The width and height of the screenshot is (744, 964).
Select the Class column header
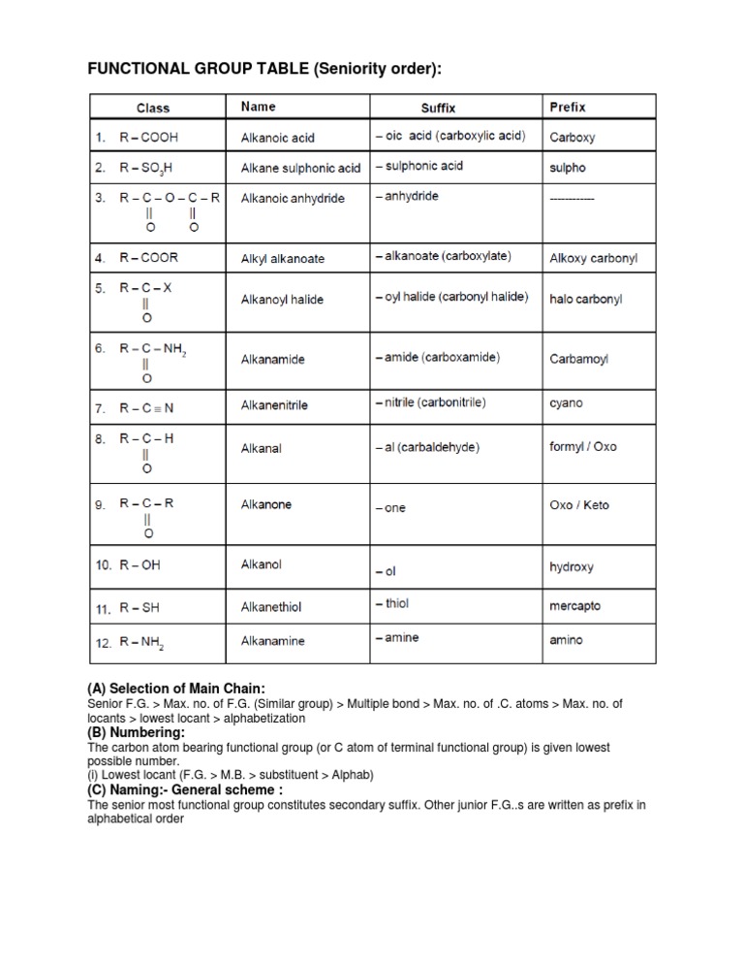click(x=152, y=108)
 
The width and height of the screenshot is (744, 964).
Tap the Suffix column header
click(x=438, y=108)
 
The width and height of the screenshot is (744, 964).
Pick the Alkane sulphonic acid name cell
click(x=300, y=168)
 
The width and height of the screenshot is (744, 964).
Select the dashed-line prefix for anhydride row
click(x=572, y=198)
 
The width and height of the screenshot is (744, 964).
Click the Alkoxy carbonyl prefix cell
click(x=594, y=259)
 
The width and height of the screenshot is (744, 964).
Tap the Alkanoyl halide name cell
click(x=282, y=300)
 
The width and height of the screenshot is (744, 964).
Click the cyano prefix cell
click(x=566, y=402)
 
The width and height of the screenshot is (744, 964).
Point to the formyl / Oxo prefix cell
click(x=582, y=447)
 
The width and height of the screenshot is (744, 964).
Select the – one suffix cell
click(x=389, y=508)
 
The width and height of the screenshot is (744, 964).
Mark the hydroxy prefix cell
click(x=572, y=567)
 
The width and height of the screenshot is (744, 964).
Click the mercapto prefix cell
click(x=574, y=606)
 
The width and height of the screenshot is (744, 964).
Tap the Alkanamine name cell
click(x=272, y=641)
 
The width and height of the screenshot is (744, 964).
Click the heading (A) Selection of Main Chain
click(x=175, y=689)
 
